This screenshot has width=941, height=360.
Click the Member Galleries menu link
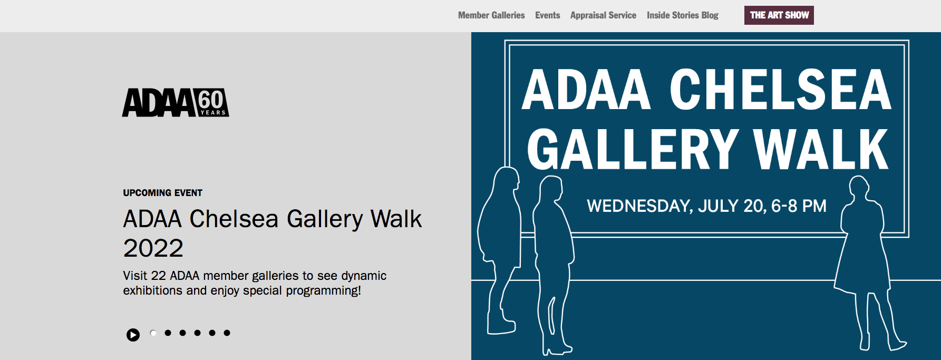(x=491, y=15)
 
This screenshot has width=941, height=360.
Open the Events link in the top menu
(x=547, y=15)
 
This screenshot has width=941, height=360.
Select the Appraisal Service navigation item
(x=603, y=15)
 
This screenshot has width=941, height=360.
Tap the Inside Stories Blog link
(x=683, y=15)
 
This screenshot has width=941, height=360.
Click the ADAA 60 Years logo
(x=176, y=102)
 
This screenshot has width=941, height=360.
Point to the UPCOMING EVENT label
(x=162, y=193)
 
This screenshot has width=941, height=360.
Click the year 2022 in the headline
(x=153, y=248)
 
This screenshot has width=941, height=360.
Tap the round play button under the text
(x=133, y=335)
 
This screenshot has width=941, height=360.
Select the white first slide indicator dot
(x=153, y=333)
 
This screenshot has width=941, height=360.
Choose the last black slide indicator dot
(x=227, y=333)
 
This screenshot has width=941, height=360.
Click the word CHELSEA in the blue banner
(x=780, y=90)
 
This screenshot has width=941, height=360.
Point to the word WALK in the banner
(x=821, y=150)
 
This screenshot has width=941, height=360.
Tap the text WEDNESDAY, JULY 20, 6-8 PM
(x=707, y=206)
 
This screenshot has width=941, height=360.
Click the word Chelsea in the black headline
(x=234, y=219)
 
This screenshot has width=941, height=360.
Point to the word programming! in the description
(x=323, y=291)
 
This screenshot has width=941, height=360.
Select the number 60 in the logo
(x=211, y=99)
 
